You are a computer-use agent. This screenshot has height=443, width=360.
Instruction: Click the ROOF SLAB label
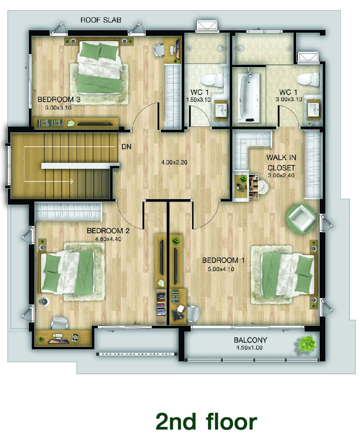tap(101, 20)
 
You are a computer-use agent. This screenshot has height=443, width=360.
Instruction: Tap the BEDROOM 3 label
tap(59, 99)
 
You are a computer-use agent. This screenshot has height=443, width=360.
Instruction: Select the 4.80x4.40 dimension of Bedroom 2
tap(108, 239)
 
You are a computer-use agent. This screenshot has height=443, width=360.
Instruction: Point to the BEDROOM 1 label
tap(223, 260)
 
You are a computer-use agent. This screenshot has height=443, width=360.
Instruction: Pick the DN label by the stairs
tap(126, 147)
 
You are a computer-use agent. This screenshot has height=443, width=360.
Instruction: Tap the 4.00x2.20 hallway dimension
tap(174, 162)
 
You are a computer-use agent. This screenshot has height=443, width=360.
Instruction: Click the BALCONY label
tap(250, 340)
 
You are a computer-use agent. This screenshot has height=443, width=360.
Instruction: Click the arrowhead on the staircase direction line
tap(72, 181)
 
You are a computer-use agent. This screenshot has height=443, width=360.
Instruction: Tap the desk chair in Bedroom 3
tap(159, 50)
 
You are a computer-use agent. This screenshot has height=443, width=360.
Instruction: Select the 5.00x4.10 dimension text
tap(221, 269)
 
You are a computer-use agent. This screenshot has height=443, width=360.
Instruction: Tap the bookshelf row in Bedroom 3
tap(50, 123)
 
